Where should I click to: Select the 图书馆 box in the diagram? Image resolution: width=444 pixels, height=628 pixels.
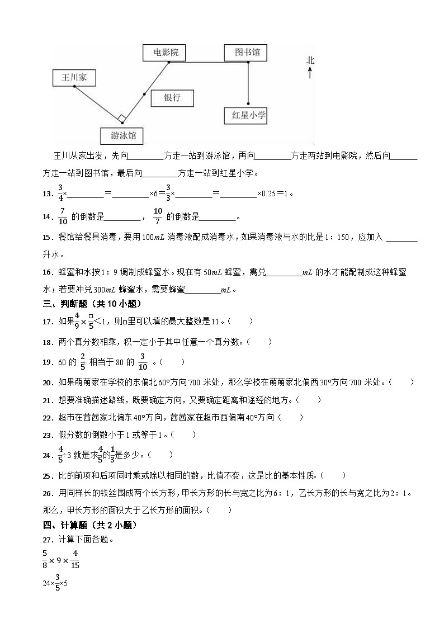(x=246, y=52)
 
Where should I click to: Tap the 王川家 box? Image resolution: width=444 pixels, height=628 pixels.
(x=74, y=78)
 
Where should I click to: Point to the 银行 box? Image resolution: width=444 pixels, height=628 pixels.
(x=172, y=97)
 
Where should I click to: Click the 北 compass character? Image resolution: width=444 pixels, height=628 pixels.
(x=310, y=60)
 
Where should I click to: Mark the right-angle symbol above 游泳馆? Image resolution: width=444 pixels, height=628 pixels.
(x=121, y=118)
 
